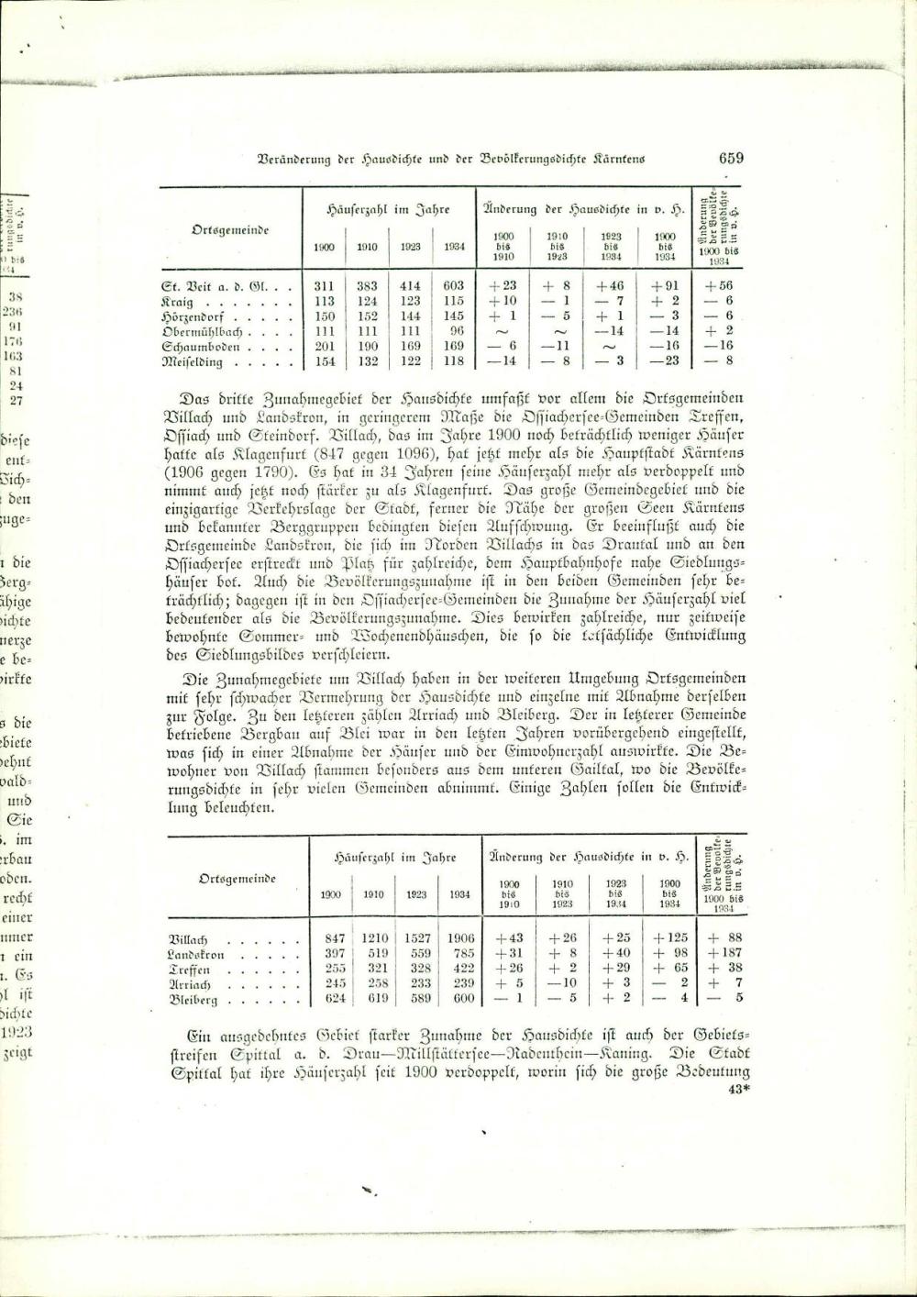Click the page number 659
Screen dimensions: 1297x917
click(731, 158)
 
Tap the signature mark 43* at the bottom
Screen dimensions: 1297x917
click(738, 1090)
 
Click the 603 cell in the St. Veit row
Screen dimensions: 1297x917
click(453, 286)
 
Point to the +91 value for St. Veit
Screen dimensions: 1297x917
click(664, 286)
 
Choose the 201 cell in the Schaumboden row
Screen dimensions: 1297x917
click(324, 347)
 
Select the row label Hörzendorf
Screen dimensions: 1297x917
click(192, 316)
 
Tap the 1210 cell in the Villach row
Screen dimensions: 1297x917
click(373, 938)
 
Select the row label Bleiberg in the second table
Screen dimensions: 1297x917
click(193, 1000)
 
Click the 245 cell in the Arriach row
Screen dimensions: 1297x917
click(335, 984)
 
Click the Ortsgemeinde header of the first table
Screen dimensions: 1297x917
click(230, 229)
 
